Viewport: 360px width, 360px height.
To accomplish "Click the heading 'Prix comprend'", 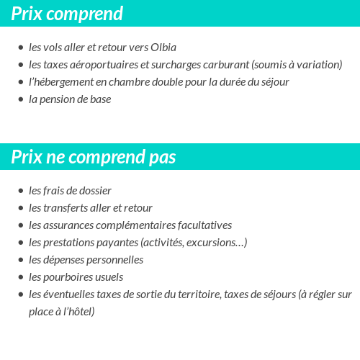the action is [x=66, y=14].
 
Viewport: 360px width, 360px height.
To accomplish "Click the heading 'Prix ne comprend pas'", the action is [x=93, y=157].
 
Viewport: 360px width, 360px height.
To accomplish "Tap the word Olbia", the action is [x=163, y=48].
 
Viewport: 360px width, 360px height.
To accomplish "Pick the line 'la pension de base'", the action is [x=70, y=99].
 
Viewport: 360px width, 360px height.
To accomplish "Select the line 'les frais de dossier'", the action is [x=70, y=191].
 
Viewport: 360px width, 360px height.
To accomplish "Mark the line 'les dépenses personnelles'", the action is [x=86, y=260].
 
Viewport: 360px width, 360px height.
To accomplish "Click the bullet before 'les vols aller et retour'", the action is [x=21, y=48].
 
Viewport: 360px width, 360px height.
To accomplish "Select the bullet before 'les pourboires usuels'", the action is [x=21, y=278].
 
